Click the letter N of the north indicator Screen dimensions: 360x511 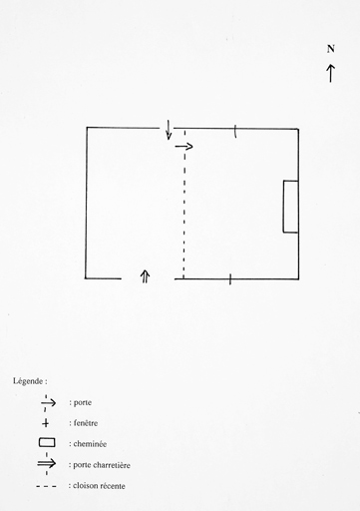(330, 49)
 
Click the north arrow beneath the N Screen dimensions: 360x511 (330, 73)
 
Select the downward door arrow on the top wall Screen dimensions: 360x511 (169, 130)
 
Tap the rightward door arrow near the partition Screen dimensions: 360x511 (183, 146)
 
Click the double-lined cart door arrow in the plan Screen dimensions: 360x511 (145, 276)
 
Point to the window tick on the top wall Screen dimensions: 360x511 (235, 131)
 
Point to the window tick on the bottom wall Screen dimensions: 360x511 (230, 279)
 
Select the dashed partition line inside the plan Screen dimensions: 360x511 (184, 204)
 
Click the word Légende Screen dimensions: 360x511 (28, 381)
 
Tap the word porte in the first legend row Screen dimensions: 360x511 (83, 402)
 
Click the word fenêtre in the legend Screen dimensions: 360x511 (86, 423)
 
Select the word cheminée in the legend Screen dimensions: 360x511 (90, 444)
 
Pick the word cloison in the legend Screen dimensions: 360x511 (85, 486)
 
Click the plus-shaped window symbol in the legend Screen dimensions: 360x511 (46, 423)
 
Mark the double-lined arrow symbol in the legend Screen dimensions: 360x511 (47, 463)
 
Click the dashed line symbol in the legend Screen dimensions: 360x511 (46, 486)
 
